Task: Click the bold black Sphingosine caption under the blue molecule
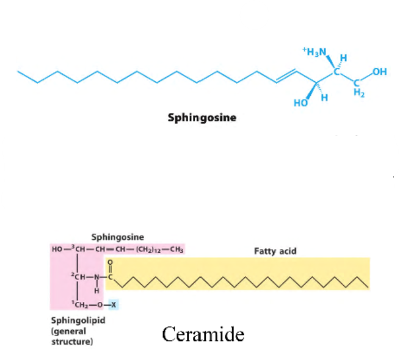pyautogui.click(x=202, y=117)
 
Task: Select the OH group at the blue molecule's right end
pyautogui.click(x=379, y=73)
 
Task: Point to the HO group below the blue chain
pyautogui.click(x=301, y=103)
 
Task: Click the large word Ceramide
pyautogui.click(x=203, y=334)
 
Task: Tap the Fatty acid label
pyautogui.click(x=275, y=251)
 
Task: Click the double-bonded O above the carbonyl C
pyautogui.click(x=111, y=264)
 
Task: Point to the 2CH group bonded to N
pyautogui.click(x=78, y=279)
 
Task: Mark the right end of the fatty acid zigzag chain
pyautogui.click(x=368, y=286)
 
